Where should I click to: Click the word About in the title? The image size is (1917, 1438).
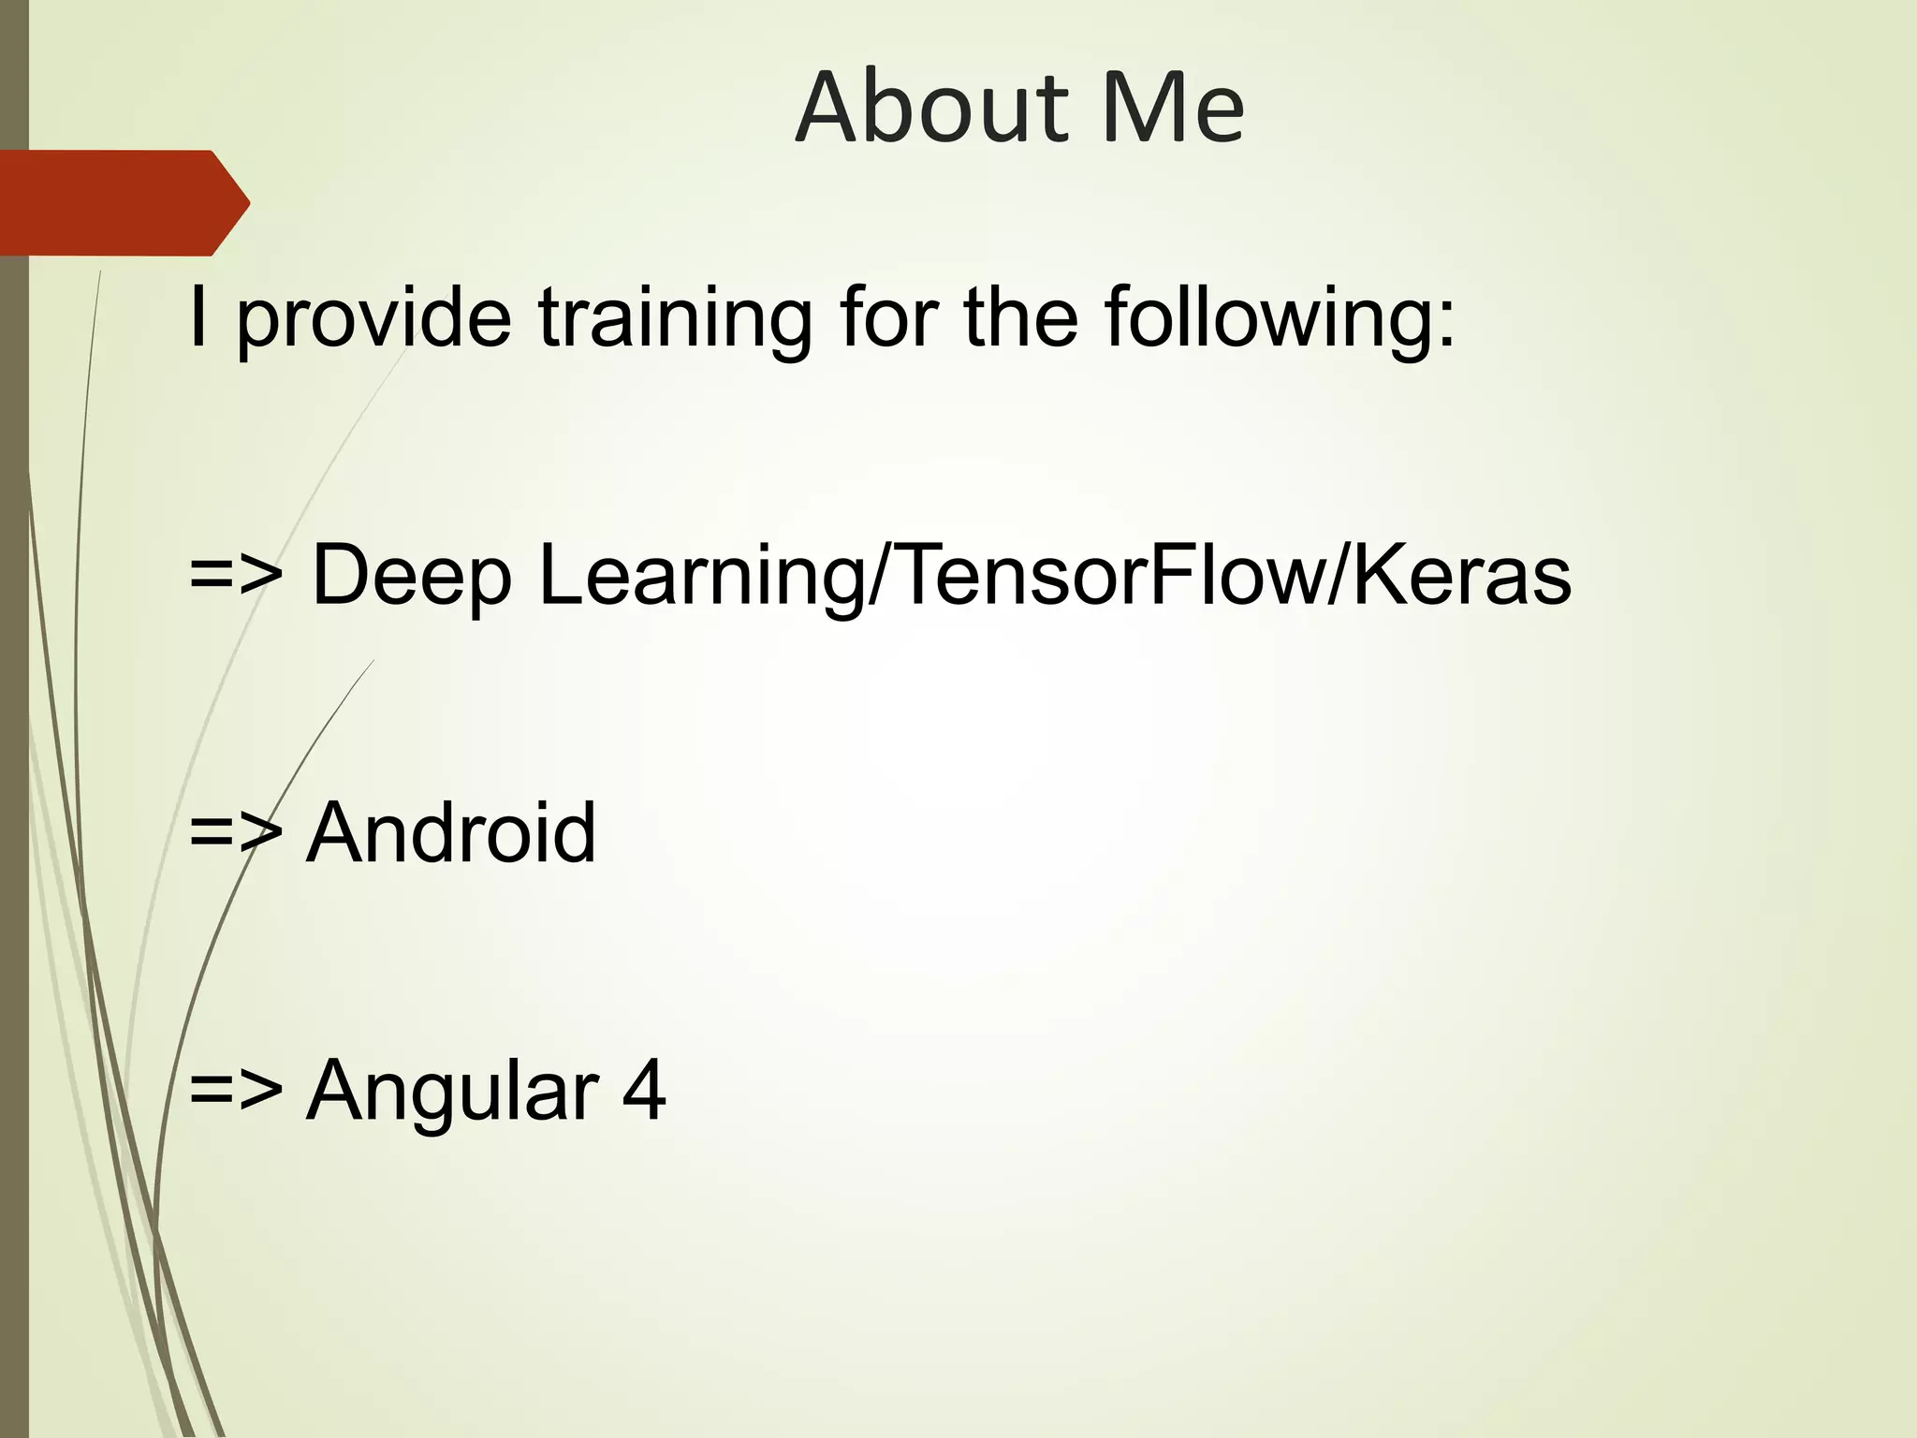pos(932,108)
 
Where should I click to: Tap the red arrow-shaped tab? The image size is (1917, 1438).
pos(122,203)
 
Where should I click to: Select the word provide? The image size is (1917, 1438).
pos(374,318)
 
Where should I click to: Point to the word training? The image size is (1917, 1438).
pos(675,318)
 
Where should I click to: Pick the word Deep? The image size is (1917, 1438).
pos(411,575)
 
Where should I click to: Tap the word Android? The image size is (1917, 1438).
pos(451,832)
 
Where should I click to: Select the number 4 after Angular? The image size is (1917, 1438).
pos(644,1090)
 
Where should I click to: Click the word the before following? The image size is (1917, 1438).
pos(1020,318)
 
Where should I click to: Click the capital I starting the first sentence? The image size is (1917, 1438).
pos(198,318)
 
